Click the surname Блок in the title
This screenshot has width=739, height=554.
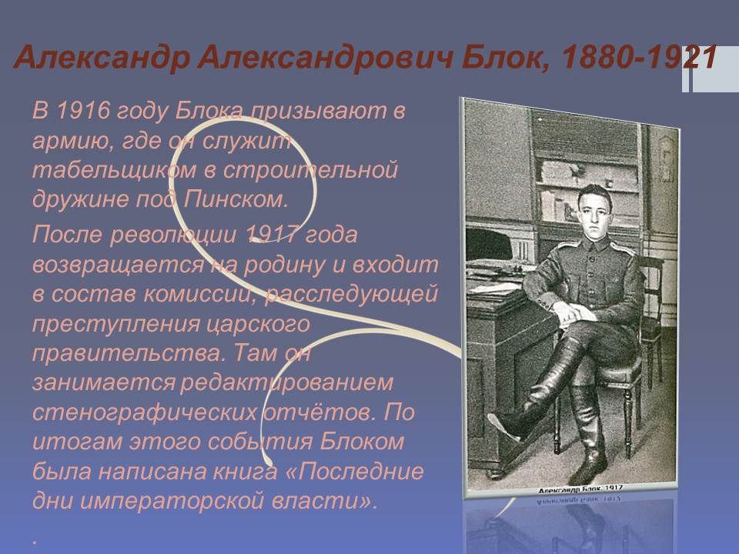(506, 58)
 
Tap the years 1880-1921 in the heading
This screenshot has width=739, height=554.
(640, 58)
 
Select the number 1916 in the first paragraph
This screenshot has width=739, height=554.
(83, 111)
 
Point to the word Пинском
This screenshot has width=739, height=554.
(236, 199)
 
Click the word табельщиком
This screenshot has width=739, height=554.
(114, 170)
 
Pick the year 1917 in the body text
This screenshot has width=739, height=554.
(273, 234)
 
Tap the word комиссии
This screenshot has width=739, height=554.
(203, 294)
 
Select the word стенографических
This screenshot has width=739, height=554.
(144, 412)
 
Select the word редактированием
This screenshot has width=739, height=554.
(286, 382)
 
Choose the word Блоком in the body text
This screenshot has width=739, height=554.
(362, 442)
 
